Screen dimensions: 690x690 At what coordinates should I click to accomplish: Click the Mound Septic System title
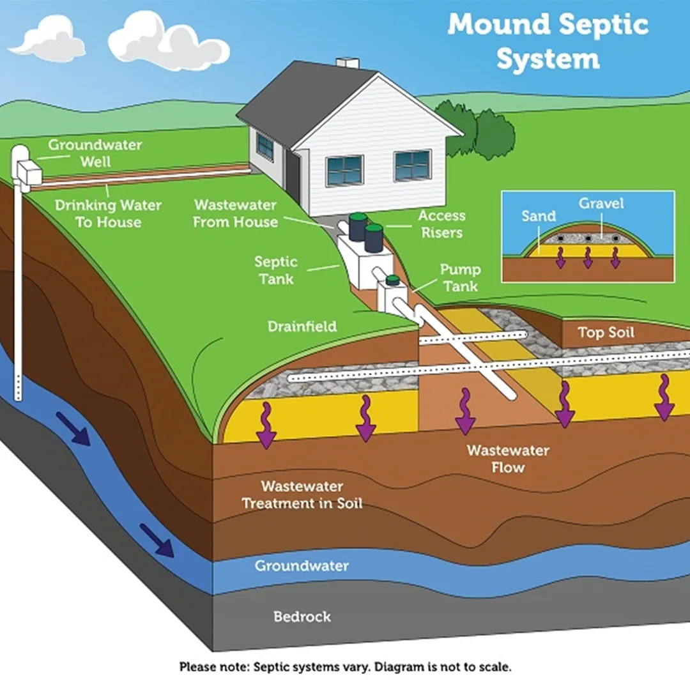(548, 41)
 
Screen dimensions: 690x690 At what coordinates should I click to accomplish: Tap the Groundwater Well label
(95, 153)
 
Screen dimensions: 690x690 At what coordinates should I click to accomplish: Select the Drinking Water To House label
(108, 213)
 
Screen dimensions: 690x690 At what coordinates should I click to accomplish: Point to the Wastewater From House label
(235, 213)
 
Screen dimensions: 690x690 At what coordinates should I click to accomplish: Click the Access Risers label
(441, 224)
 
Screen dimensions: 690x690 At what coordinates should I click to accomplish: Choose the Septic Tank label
(276, 270)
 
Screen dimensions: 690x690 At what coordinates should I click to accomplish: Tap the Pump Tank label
(460, 277)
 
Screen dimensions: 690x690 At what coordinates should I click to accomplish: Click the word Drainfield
(302, 326)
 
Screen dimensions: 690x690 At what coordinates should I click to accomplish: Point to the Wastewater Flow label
(508, 458)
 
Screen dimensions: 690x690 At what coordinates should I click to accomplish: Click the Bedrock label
(302, 617)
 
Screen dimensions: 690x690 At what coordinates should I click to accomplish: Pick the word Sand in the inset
(538, 216)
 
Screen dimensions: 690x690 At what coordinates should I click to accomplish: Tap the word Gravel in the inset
(601, 204)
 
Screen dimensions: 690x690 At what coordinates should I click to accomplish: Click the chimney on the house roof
(348, 63)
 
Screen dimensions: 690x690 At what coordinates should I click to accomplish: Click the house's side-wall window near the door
(264, 147)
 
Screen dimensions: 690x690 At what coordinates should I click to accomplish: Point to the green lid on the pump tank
(392, 279)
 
